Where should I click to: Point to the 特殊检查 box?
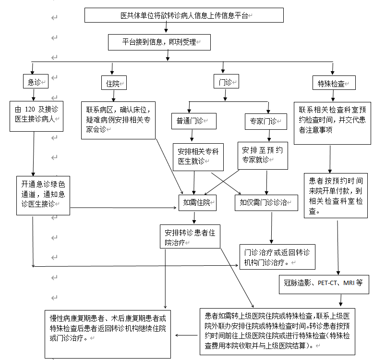[333, 83]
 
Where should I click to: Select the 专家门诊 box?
[263, 120]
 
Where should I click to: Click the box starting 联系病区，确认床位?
[118, 119]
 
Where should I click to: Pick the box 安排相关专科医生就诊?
[198, 156]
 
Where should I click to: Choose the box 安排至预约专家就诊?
[263, 155]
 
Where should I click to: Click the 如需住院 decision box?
[197, 202]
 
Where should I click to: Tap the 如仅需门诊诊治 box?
[266, 202]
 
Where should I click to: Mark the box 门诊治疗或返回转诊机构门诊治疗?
[277, 257]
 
